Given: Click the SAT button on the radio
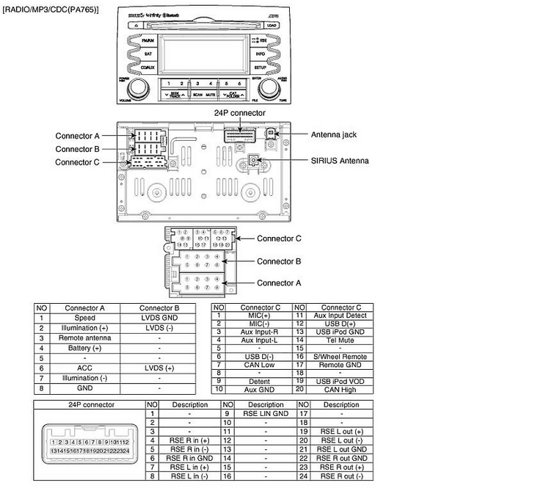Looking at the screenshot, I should pos(148,54).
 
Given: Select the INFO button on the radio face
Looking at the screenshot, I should pos(261,54).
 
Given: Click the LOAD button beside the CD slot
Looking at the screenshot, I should pos(272,25).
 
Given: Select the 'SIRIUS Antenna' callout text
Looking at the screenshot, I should pos(340,160).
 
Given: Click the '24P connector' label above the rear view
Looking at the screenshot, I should pos(240,113).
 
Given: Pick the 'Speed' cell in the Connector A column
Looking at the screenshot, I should pos(85,318).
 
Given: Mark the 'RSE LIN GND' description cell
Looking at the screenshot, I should pos(266,414).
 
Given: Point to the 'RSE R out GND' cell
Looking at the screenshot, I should pos(341,448).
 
